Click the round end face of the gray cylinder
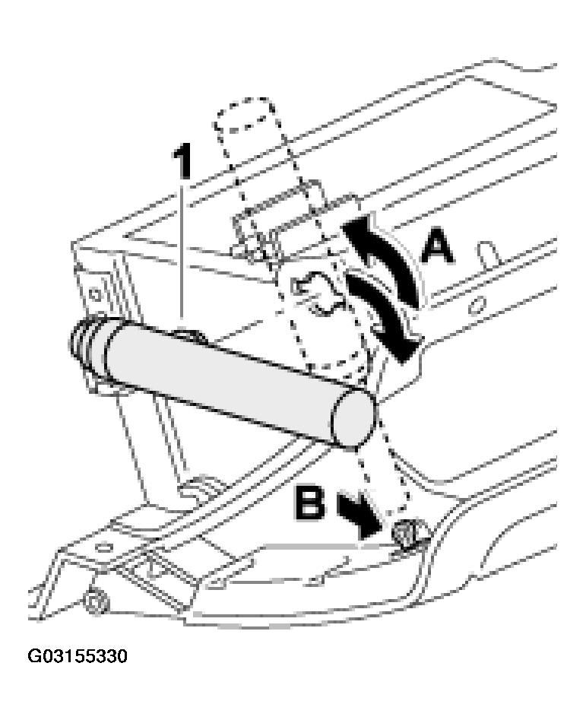click(x=353, y=417)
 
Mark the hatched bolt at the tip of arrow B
click(x=407, y=533)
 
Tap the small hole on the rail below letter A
click(x=478, y=304)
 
